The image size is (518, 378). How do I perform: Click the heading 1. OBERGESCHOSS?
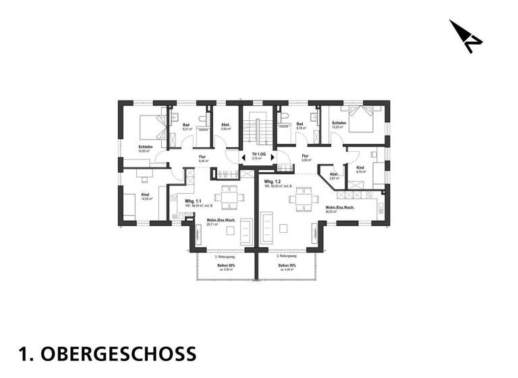coord(108,353)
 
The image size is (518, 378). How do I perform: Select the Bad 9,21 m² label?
coord(187,127)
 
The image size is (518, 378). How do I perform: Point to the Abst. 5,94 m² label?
coord(226,127)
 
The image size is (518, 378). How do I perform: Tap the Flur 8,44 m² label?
coord(202,160)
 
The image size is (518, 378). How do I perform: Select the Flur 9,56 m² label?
coord(305,158)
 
